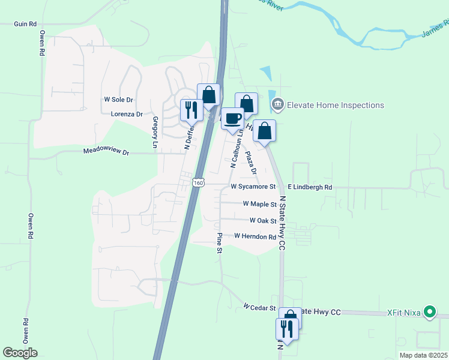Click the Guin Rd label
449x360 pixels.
pyautogui.click(x=26, y=24)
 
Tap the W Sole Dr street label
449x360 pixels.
pyautogui.click(x=118, y=99)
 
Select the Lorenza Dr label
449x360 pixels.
pyautogui.click(x=127, y=113)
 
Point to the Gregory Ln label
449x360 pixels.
pyautogui.click(x=155, y=133)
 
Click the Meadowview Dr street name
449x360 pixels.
pyautogui.click(x=106, y=152)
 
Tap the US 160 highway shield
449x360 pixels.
pyautogui.click(x=199, y=182)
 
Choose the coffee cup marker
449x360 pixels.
pyautogui.click(x=232, y=118)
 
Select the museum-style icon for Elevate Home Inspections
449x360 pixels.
pyautogui.click(x=277, y=106)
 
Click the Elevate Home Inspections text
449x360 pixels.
pyautogui.click(x=335, y=106)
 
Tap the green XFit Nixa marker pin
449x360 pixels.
pyautogui.click(x=429, y=313)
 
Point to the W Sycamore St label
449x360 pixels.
pyautogui.click(x=253, y=187)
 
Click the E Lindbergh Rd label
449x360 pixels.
pyautogui.click(x=310, y=187)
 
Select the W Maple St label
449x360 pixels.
pyautogui.click(x=259, y=204)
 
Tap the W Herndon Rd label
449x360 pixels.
pyautogui.click(x=255, y=236)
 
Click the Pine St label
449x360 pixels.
pyautogui.click(x=220, y=243)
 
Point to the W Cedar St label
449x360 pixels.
pyautogui.click(x=259, y=307)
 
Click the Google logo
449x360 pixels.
pyautogui.click(x=20, y=352)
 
